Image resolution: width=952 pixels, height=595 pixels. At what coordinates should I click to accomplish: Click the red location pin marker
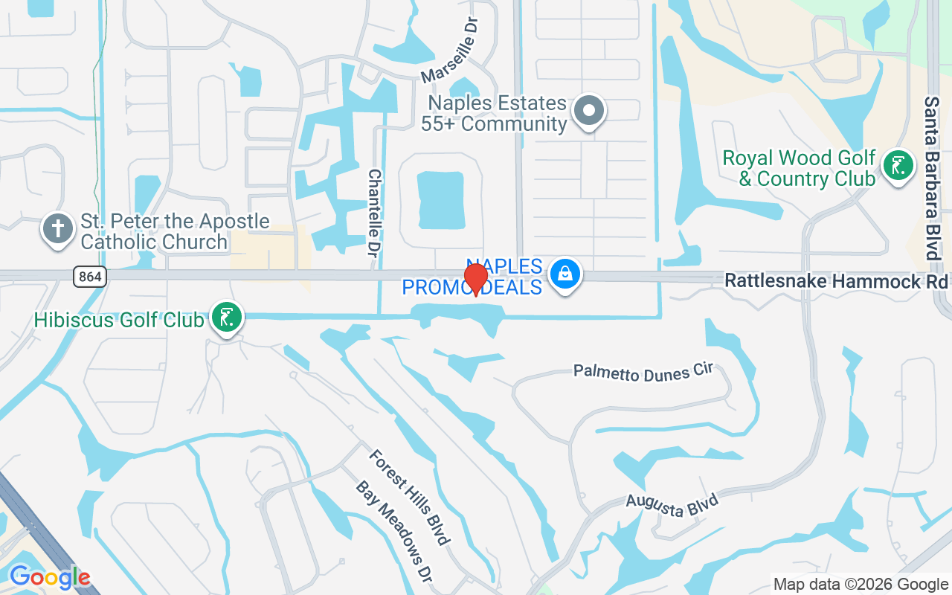pos(476,279)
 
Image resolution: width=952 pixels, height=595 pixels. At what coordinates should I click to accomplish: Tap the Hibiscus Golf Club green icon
pos(227,318)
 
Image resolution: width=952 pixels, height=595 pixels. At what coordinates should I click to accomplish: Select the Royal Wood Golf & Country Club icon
pos(898,166)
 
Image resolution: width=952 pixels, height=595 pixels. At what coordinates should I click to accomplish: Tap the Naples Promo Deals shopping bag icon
pos(565,274)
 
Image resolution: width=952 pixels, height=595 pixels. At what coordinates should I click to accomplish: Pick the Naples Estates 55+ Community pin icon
pos(590,112)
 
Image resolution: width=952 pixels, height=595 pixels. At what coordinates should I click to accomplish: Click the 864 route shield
pos(90,277)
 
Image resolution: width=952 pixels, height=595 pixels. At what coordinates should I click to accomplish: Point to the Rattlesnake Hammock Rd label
pos(837,281)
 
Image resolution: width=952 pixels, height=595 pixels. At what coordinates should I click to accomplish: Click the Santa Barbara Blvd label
pos(932,178)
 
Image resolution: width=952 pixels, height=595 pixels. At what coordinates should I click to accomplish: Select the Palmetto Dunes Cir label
pos(643,372)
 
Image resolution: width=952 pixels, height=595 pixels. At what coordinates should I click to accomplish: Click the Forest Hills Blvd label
pos(410,497)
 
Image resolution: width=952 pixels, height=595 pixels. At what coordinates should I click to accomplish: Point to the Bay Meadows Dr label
pos(394,531)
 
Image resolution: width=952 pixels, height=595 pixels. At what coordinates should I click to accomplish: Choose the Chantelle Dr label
pos(375,213)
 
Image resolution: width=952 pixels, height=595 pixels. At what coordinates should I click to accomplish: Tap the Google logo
pos(50,576)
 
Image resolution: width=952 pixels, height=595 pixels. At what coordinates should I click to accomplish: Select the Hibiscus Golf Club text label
pos(119,320)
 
